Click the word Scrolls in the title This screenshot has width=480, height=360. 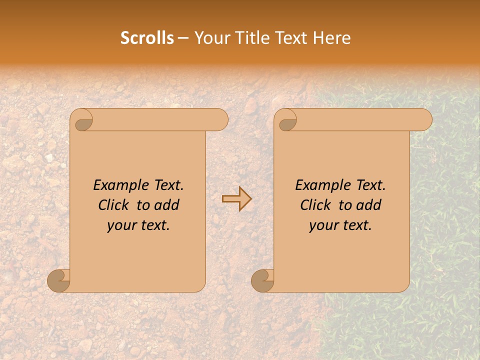[147, 38]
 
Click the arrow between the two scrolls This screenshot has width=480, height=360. [236, 198]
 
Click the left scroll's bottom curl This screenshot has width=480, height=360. [59, 280]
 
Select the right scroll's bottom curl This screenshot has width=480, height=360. [263, 280]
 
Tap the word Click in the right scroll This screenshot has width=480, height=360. [315, 205]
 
